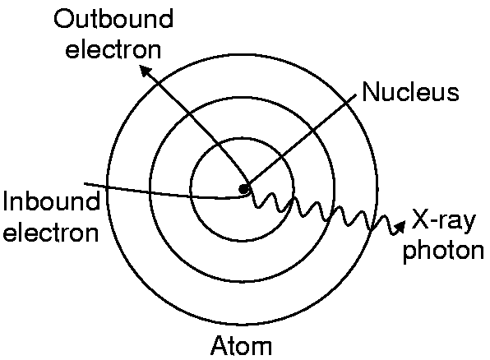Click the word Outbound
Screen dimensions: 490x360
coord(113,19)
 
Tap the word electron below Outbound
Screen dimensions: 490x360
coord(113,49)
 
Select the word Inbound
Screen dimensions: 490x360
coord(52,201)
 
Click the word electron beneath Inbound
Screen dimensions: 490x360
coord(51,233)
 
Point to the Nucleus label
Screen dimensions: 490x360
coord(410,92)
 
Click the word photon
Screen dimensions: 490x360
coord(444,251)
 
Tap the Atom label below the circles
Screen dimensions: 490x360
coord(241,346)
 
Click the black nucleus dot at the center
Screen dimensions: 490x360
coord(243,189)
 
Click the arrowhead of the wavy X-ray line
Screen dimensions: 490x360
coord(400,226)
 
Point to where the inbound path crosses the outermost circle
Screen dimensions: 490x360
coord(107,187)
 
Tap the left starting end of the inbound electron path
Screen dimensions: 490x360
coord(85,184)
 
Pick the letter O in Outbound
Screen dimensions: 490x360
coord(64,19)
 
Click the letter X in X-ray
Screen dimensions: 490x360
coord(421,219)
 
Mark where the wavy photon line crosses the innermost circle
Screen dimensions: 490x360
coord(292,199)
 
